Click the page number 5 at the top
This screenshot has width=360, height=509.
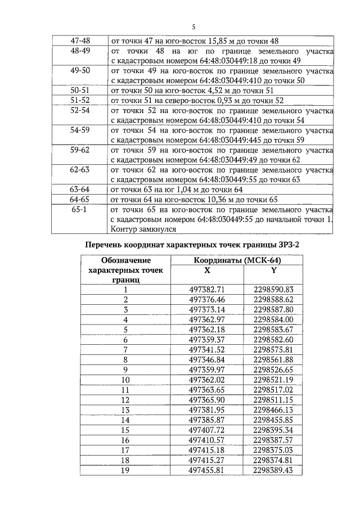(x=192, y=27)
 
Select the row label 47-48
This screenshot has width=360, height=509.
(x=79, y=41)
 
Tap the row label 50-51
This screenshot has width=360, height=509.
(x=79, y=91)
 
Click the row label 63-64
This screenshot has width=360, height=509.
(x=79, y=190)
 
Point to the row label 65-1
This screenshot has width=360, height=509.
(x=79, y=209)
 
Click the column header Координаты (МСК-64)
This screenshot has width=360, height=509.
(x=237, y=260)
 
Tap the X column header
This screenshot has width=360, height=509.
(x=207, y=270)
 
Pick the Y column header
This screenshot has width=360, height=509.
(x=274, y=270)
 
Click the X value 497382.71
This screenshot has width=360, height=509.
(x=207, y=290)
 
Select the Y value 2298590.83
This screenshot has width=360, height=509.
(x=274, y=290)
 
